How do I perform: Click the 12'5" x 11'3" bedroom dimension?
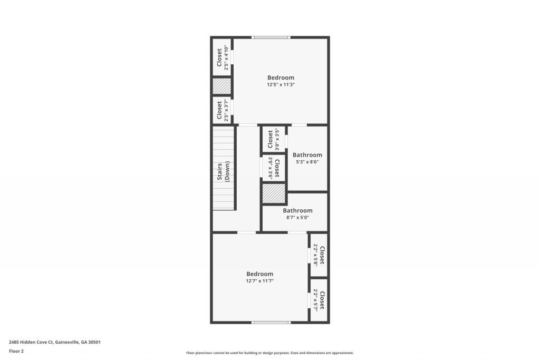point(281,84)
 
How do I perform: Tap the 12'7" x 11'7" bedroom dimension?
point(259,281)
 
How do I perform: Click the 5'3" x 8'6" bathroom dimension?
point(307,162)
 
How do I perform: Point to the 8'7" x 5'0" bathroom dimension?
point(297,217)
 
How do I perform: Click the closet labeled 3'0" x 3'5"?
point(273,140)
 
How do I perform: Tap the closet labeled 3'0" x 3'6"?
point(274,167)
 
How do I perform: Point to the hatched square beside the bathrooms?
point(274,193)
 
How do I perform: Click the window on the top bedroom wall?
point(271,37)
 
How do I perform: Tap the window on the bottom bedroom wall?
point(271,322)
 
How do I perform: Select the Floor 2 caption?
point(16,351)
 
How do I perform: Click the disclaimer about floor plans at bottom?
point(269,353)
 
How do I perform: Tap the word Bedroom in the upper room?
point(281,77)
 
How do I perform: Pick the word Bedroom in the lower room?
point(259,274)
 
